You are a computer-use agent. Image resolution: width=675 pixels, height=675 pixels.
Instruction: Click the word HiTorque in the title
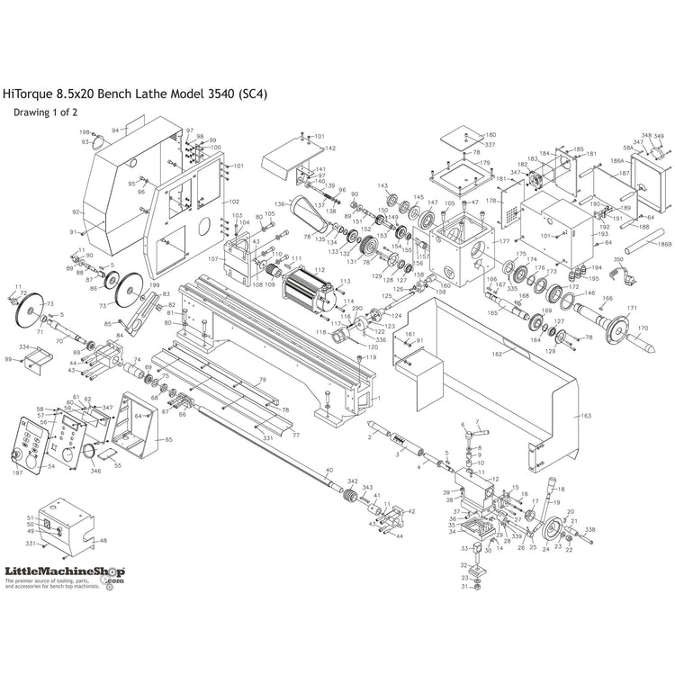(x=28, y=93)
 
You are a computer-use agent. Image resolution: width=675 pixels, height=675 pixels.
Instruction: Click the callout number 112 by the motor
(x=318, y=244)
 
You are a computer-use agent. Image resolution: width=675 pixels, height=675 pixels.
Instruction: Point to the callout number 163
(x=586, y=417)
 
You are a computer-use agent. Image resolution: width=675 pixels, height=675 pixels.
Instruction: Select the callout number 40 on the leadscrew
(x=328, y=471)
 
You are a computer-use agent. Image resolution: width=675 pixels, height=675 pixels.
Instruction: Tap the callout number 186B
(x=664, y=244)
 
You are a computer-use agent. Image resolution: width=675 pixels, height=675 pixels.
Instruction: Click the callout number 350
(x=618, y=235)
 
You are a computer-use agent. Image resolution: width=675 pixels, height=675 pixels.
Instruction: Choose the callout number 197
(x=17, y=472)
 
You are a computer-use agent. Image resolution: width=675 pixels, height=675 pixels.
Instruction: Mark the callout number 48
(x=103, y=541)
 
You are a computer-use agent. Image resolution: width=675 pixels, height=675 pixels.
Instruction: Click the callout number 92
(x=76, y=212)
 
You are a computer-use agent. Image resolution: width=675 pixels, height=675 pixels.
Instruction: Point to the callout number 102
(x=234, y=202)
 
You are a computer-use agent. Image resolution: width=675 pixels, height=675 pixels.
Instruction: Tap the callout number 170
(x=643, y=328)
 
